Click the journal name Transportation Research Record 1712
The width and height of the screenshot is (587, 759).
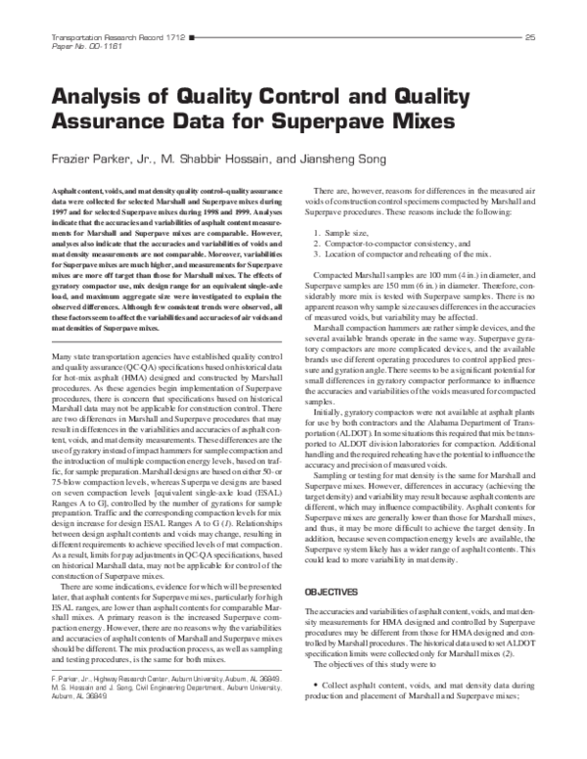click(117, 37)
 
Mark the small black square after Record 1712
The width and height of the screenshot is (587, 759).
click(194, 37)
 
